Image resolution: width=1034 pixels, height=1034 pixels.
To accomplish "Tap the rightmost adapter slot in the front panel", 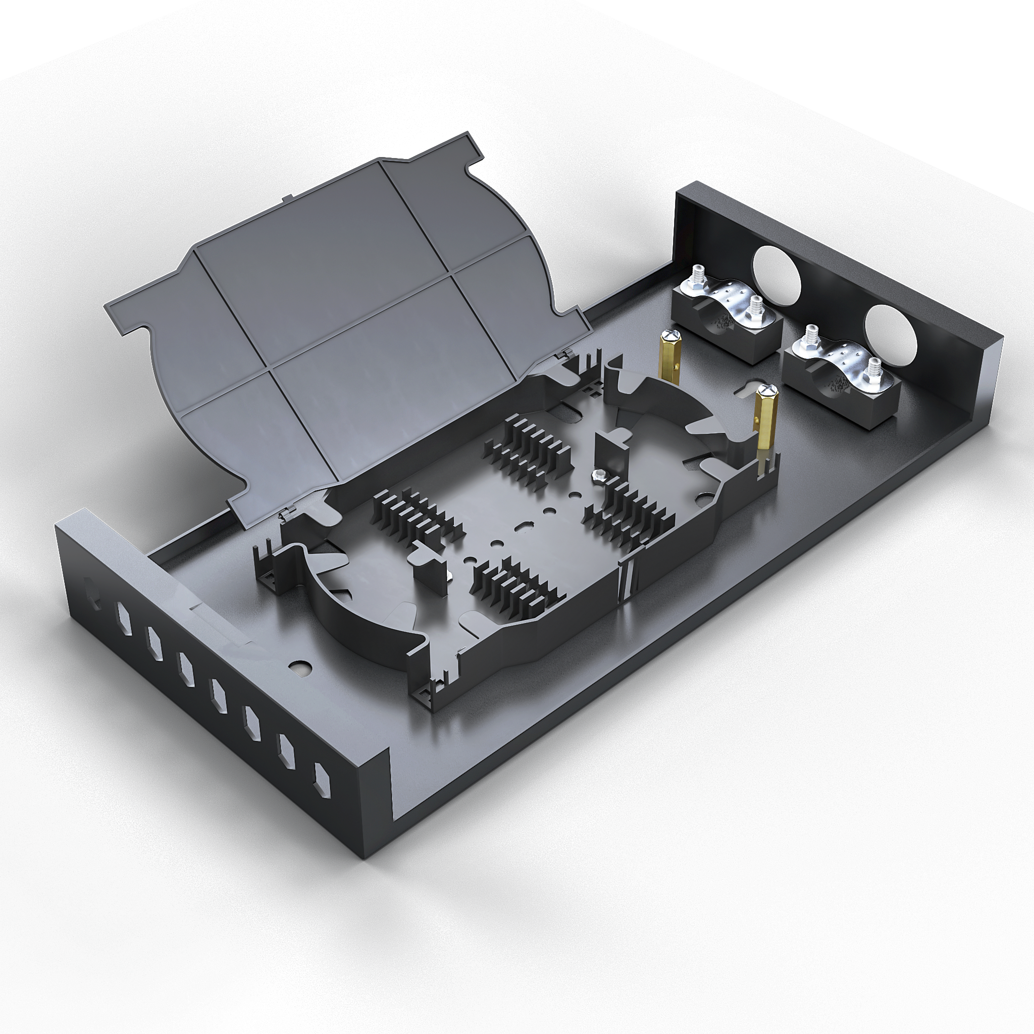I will (322, 782).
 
